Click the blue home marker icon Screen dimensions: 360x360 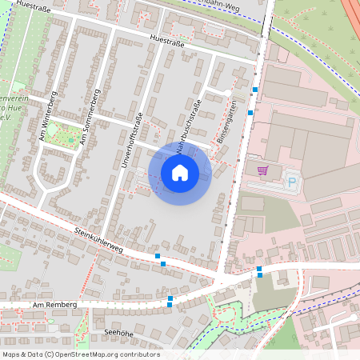tap(179, 172)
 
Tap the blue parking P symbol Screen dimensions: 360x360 tap(292, 183)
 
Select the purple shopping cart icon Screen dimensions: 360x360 tap(262, 170)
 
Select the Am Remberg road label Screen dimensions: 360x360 tap(54, 305)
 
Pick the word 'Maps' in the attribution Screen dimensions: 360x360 tap(11, 354)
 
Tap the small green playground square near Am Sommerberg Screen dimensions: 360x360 tap(71, 139)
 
